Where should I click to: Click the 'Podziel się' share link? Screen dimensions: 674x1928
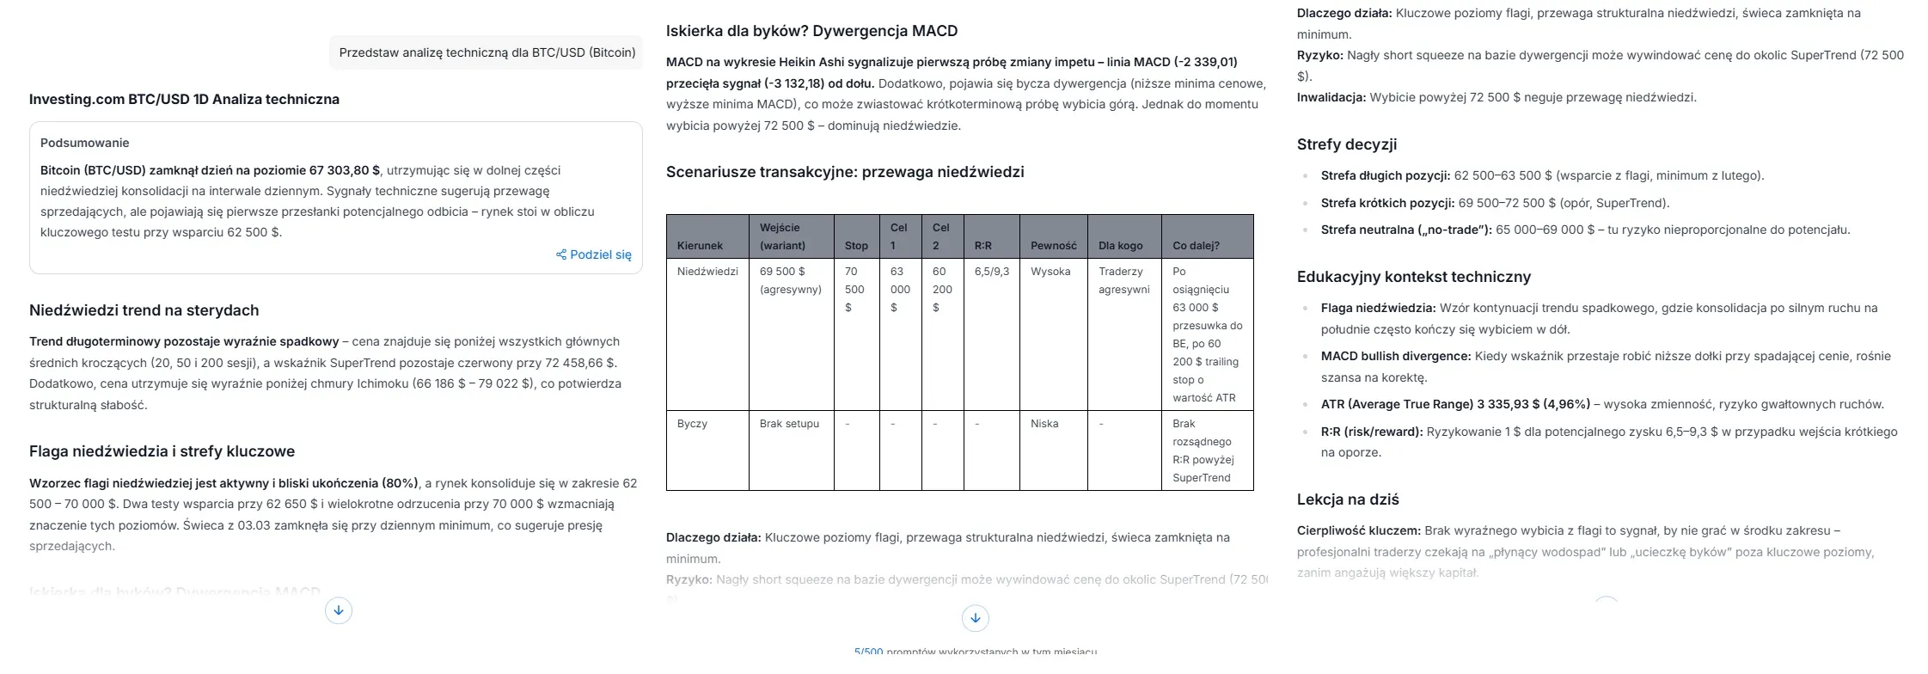click(594, 254)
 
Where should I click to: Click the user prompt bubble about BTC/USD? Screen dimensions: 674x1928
click(487, 52)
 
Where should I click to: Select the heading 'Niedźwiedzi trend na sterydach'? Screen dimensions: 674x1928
click(144, 310)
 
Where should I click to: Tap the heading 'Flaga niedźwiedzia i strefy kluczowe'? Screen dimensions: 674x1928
click(162, 451)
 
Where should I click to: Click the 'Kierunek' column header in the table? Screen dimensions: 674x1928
click(700, 246)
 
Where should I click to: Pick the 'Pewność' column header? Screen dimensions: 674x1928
click(1053, 246)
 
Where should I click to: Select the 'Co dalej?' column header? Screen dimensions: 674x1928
click(1196, 246)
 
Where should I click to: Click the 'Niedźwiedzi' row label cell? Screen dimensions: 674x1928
click(707, 272)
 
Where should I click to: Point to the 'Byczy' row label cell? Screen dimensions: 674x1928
click(692, 424)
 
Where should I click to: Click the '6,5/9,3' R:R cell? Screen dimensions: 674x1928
click(991, 272)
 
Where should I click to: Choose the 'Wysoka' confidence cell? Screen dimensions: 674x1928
click(1050, 272)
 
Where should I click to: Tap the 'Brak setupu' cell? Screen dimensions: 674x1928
click(789, 424)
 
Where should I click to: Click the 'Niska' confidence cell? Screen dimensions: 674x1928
click(1044, 424)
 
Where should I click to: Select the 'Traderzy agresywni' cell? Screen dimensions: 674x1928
click(1123, 280)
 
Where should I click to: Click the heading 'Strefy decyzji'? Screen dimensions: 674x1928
click(1346, 144)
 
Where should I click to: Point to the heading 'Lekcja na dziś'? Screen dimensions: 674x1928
click(1348, 499)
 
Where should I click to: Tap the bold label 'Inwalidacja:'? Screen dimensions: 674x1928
click(1331, 97)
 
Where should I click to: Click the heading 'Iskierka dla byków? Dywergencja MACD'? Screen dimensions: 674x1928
click(811, 31)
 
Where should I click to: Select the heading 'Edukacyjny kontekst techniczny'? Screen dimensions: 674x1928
click(1413, 277)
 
